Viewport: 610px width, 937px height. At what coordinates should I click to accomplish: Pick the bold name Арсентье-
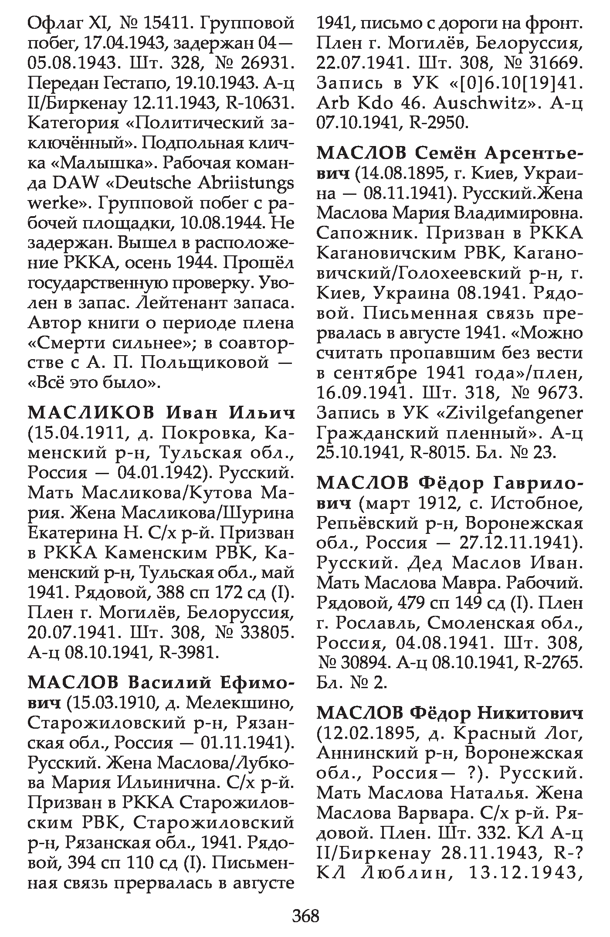(x=534, y=153)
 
